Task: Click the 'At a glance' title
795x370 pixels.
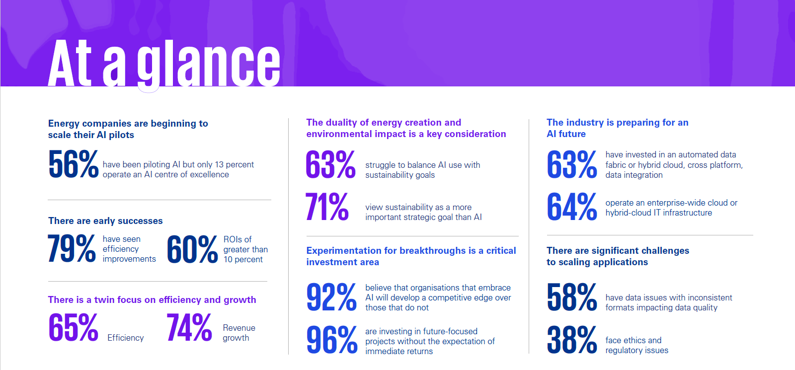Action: point(164,63)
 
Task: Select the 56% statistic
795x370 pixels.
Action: point(73,164)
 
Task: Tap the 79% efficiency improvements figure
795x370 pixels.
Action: point(72,249)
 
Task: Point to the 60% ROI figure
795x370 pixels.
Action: point(192,249)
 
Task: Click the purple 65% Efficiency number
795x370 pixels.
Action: point(73,328)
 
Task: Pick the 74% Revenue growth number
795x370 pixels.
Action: point(189,328)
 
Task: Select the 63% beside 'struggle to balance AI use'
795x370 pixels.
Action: point(330,164)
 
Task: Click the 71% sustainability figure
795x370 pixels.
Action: point(327,207)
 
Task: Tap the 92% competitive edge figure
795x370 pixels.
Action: point(331,297)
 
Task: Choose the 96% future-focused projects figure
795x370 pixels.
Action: point(331,340)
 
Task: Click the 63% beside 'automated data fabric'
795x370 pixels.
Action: point(571,164)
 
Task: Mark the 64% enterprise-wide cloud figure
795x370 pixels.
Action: point(571,207)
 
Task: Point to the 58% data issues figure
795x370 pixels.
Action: point(571,297)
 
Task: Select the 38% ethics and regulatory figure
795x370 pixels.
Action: point(571,340)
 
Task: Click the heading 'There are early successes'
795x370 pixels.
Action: point(105,221)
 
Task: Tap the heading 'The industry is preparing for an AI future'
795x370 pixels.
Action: point(617,128)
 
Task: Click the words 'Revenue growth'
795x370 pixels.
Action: point(238,333)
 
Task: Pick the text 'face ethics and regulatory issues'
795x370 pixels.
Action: point(636,345)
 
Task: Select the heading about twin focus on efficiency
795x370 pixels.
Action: point(152,300)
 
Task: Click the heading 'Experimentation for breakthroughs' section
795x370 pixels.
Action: point(411,256)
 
